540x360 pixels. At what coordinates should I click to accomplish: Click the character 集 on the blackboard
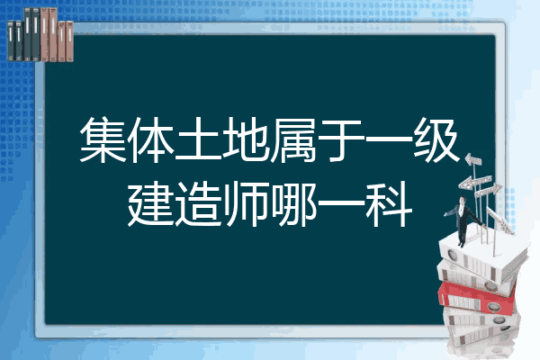103,139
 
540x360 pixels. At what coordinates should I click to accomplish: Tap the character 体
151,139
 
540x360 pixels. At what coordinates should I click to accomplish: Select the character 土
198,139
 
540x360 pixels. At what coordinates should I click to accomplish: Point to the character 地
246,139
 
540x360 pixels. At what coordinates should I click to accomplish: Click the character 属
293,139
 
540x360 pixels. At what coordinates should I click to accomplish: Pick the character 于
341,139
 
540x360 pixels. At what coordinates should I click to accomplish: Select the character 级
436,139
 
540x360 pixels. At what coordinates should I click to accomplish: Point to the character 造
198,204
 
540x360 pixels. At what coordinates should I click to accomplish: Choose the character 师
246,204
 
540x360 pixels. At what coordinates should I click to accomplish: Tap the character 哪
293,204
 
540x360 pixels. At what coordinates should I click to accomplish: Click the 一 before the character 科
341,204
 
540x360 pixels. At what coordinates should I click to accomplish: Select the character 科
389,204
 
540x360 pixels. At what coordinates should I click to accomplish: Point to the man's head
462,200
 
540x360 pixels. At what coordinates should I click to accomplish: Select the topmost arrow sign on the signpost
473,159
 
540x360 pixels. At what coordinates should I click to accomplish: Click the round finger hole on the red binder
492,306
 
